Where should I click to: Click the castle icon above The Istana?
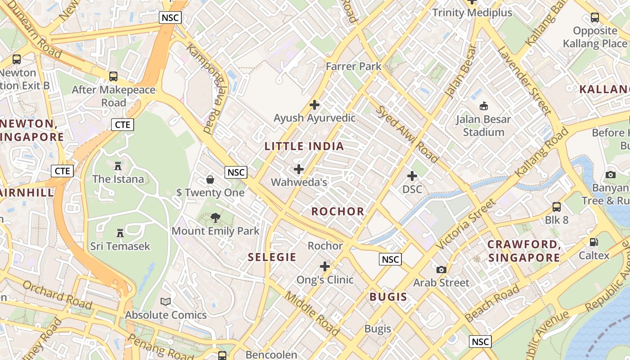[118, 166]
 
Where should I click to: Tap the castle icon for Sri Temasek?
[120, 233]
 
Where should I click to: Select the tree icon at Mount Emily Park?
[216, 218]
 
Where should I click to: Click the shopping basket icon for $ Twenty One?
[210, 180]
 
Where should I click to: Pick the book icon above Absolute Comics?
[166, 301]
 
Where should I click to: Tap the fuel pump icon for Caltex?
[594, 242]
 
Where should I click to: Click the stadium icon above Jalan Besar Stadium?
[483, 106]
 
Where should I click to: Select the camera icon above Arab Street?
[441, 270]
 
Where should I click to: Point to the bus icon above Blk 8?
[557, 207]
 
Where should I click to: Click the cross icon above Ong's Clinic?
[325, 266]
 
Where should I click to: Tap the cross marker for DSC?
[412, 176]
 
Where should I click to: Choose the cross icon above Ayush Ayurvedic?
[315, 105]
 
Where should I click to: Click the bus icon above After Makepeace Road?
[113, 76]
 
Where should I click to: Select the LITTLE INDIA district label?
[304, 146]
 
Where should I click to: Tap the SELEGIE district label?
[272, 257]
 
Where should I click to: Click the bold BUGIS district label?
[388, 297]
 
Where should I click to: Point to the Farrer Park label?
[353, 66]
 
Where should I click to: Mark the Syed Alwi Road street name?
[407, 134]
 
